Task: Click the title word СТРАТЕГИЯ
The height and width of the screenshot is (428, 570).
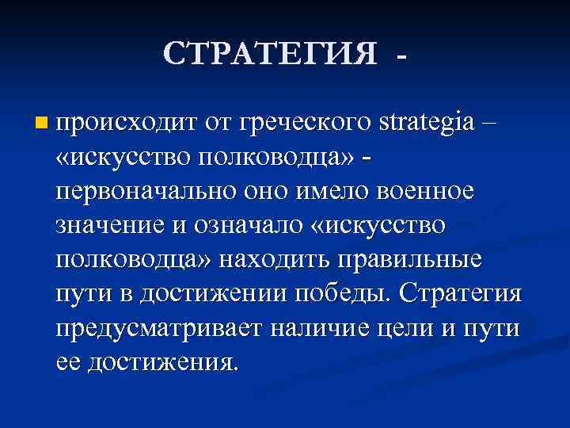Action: [x=270, y=53]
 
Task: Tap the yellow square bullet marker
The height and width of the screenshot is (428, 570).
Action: [x=42, y=124]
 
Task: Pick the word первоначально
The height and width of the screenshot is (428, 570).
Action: [x=136, y=192]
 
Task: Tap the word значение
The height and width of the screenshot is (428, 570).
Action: [x=108, y=226]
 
